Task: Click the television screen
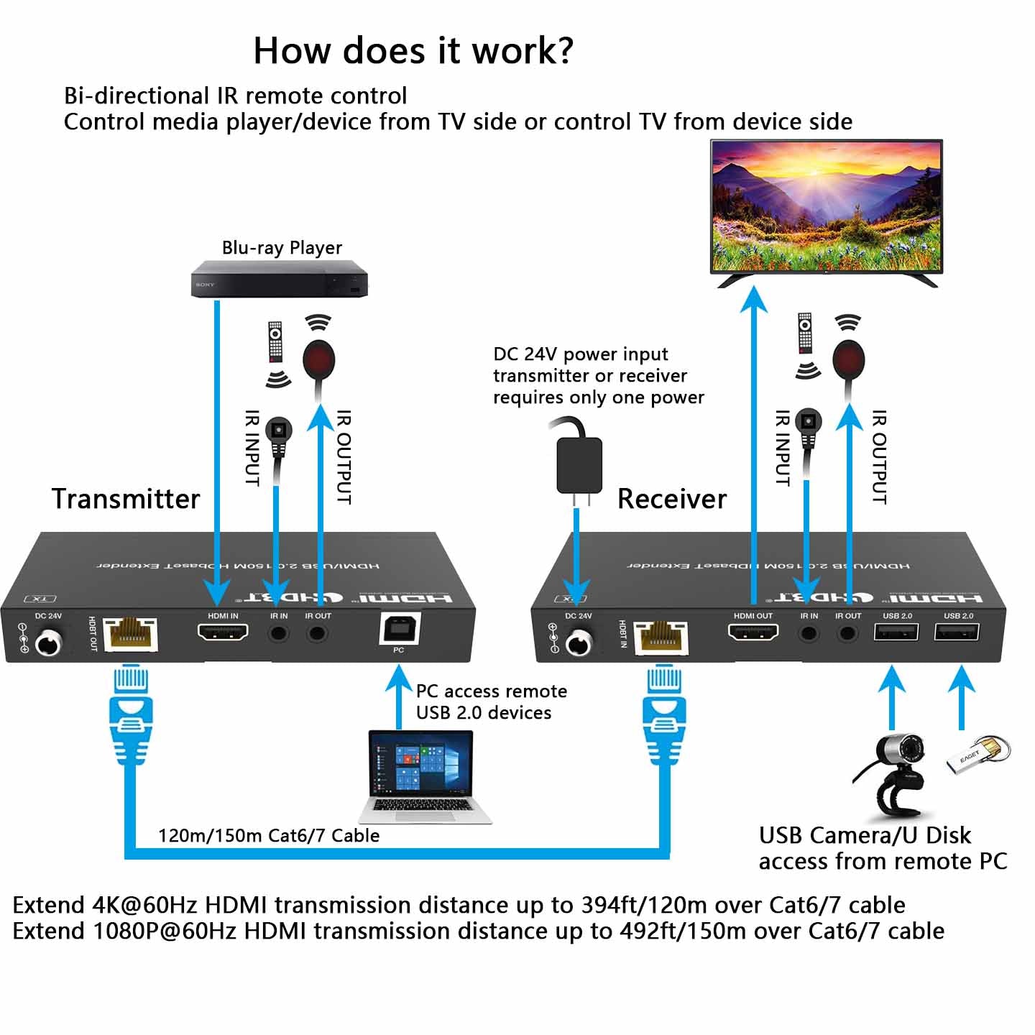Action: pyautogui.click(x=826, y=206)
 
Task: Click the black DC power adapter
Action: pyautogui.click(x=579, y=464)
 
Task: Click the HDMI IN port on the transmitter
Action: pyautogui.click(x=223, y=632)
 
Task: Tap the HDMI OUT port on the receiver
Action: pyautogui.click(x=753, y=632)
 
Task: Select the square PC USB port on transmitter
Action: pyautogui.click(x=399, y=629)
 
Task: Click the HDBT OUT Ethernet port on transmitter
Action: pyautogui.click(x=130, y=635)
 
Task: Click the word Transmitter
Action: pyautogui.click(x=126, y=499)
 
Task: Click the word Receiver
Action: pyautogui.click(x=672, y=499)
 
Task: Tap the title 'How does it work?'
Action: pyautogui.click(x=413, y=50)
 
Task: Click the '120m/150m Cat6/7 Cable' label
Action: pyautogui.click(x=269, y=835)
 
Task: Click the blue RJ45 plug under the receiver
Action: pyautogui.click(x=663, y=719)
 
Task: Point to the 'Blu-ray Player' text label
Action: pyautogui.click(x=282, y=248)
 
